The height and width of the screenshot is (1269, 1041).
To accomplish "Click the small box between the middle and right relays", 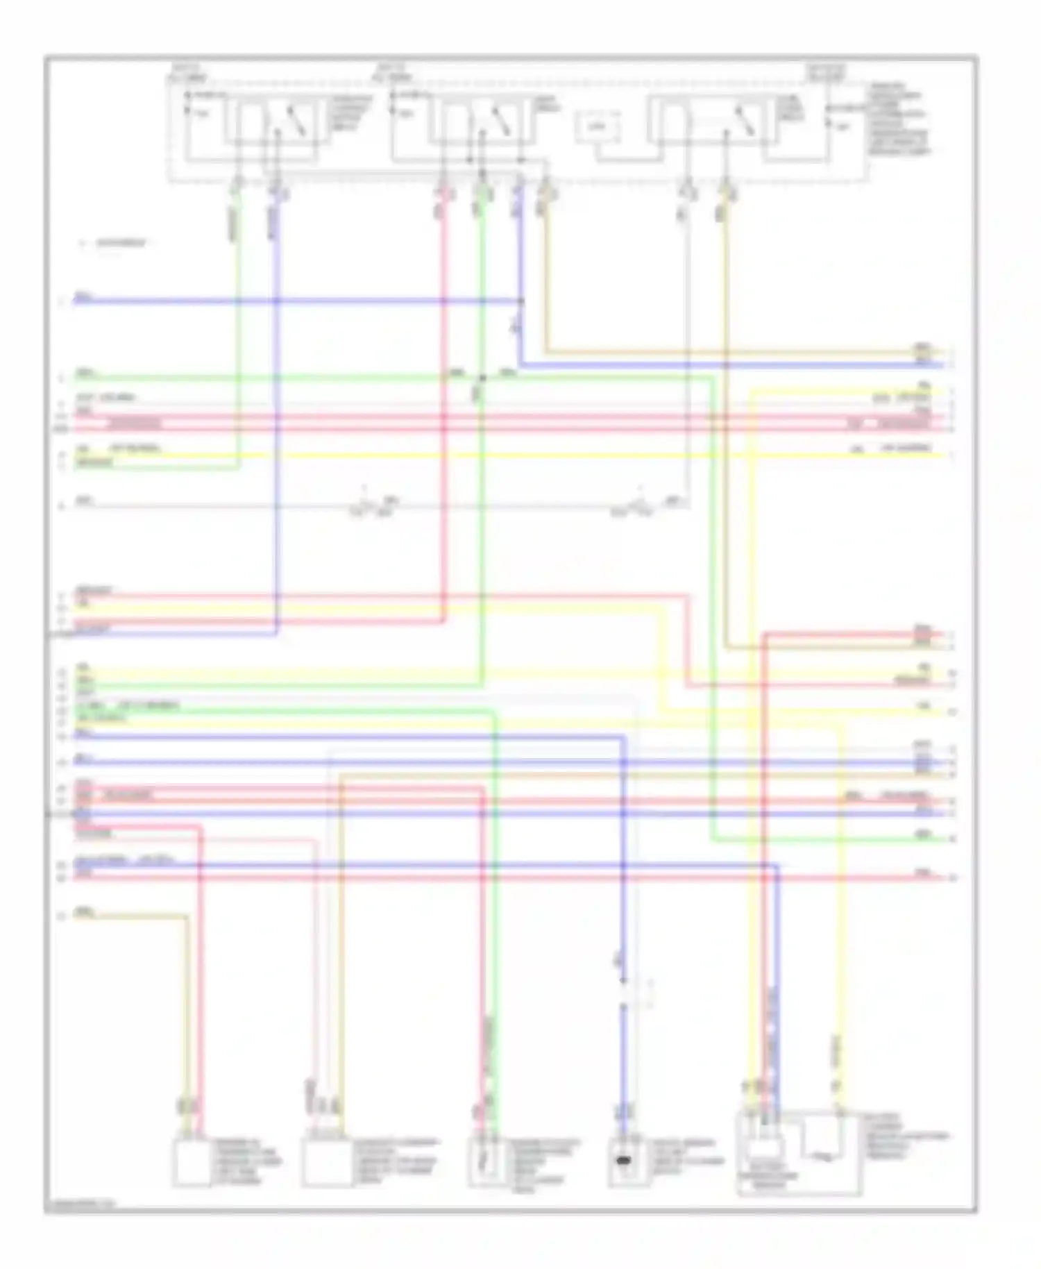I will (x=597, y=127).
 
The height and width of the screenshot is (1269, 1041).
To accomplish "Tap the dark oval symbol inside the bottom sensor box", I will (x=624, y=1161).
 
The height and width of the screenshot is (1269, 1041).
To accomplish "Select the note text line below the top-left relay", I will (x=118, y=244).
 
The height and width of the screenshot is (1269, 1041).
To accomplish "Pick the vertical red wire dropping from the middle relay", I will (x=443, y=347).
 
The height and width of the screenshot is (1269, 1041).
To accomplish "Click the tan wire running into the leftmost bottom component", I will (x=186, y=1007).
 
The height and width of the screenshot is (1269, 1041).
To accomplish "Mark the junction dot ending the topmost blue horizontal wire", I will (x=522, y=301).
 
